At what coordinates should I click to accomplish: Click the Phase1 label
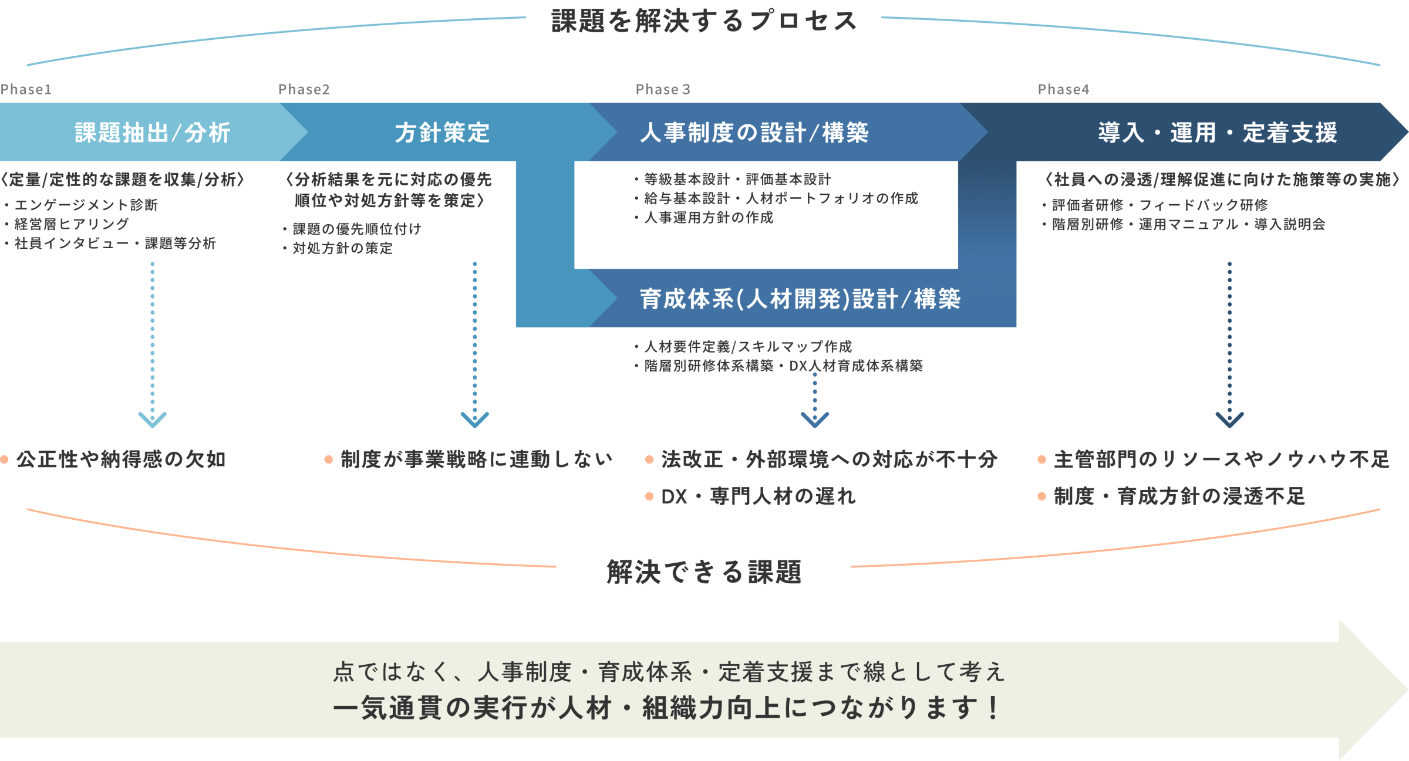click(26, 89)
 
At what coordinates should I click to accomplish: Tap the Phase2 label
click(304, 89)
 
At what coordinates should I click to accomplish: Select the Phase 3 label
click(662, 89)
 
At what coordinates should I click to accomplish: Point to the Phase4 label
click(1063, 89)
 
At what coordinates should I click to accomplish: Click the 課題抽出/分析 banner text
click(153, 133)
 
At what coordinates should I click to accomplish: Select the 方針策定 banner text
click(442, 133)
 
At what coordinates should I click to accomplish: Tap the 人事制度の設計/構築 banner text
click(754, 133)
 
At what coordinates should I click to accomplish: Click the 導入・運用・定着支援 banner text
click(1218, 133)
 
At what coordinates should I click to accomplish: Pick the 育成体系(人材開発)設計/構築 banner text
click(800, 299)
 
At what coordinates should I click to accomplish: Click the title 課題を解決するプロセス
click(704, 21)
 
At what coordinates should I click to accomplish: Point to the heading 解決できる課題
click(704, 571)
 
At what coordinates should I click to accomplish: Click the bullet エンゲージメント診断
click(86, 205)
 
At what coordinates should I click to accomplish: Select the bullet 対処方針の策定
click(342, 248)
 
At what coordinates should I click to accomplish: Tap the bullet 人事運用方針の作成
click(709, 218)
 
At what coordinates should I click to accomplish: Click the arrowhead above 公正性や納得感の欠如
click(153, 419)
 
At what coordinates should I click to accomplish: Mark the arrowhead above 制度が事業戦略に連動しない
click(475, 419)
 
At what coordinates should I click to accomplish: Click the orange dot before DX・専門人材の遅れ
click(649, 496)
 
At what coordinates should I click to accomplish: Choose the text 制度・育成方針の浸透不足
click(1179, 496)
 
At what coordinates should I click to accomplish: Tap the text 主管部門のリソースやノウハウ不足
click(1221, 459)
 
